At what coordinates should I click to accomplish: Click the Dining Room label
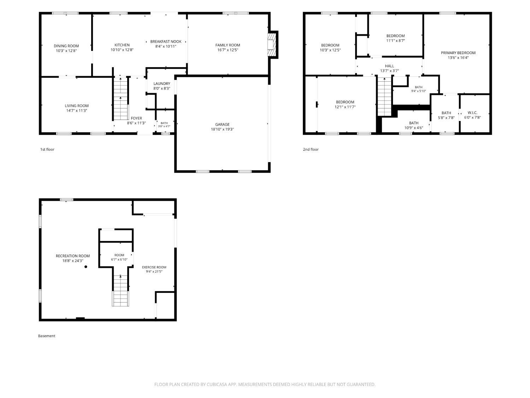(x=66, y=46)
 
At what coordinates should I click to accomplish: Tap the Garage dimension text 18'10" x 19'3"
(x=222, y=129)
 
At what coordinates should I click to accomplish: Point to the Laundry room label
(x=162, y=83)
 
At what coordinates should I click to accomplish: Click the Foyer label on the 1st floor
(x=136, y=118)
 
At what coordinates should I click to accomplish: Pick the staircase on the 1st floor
(x=120, y=98)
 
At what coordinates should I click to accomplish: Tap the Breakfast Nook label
(x=166, y=41)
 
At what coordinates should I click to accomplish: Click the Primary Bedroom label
(x=458, y=53)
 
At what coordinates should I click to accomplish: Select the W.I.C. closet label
(x=472, y=113)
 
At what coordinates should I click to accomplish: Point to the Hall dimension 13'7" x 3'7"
(x=389, y=71)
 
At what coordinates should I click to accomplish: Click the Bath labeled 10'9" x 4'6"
(x=414, y=123)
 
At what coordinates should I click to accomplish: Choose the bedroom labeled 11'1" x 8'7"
(x=395, y=36)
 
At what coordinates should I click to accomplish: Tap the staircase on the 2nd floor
(x=384, y=97)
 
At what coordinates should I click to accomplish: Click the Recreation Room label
(x=73, y=256)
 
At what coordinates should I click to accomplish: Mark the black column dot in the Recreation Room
(x=86, y=267)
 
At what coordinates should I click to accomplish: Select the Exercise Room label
(x=154, y=267)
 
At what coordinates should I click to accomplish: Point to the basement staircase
(x=120, y=291)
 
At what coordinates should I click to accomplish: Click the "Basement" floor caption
(x=47, y=336)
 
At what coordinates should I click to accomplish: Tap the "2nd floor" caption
(x=311, y=149)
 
